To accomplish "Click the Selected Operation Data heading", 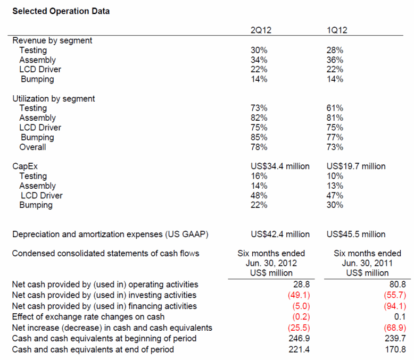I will pos(61,11).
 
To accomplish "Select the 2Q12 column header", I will pos(261,30).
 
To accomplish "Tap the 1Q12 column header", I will pos(337,30).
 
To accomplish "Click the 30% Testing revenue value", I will pos(259,51).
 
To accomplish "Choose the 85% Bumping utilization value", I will pos(259,137).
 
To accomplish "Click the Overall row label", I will pos(32,147).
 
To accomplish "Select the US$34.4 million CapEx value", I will pos(280,166).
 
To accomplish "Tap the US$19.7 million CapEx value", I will pos(356,166).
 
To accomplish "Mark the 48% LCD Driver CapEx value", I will pos(259,196).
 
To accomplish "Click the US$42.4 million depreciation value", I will pos(280,234).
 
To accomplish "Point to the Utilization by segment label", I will pos(53,98).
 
